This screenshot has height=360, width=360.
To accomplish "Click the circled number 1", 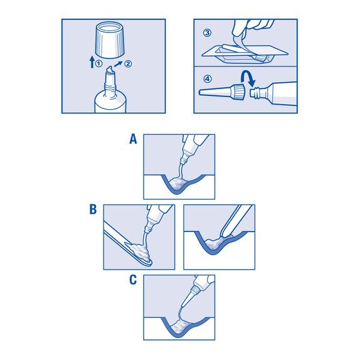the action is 98,63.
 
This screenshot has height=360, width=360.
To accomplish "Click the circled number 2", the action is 128,63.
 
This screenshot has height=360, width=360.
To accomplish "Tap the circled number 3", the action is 208,33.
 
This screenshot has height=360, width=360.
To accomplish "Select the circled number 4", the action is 208,79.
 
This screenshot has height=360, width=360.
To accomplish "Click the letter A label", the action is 133,139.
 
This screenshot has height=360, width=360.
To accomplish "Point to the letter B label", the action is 93,209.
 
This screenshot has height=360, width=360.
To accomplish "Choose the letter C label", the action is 133,280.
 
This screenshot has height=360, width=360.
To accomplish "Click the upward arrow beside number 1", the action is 92,62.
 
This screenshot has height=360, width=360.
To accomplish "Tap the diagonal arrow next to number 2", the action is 119,64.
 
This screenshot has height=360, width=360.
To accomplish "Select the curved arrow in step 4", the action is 248,78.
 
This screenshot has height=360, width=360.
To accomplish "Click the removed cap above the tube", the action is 110,40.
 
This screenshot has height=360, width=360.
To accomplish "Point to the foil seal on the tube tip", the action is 110,70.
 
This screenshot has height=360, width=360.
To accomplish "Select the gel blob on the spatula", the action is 137,251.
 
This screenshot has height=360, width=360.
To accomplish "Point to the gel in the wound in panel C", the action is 181,326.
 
